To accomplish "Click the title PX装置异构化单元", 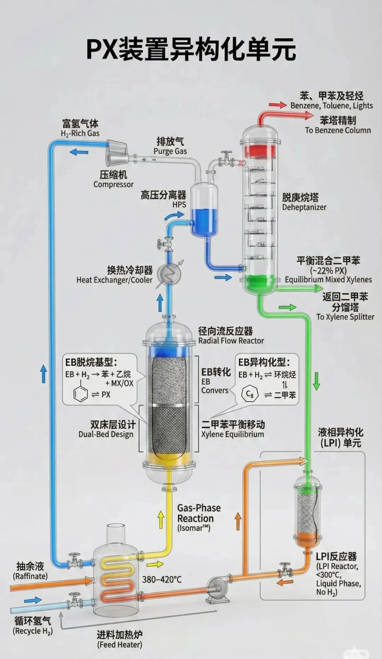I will coord(191,50).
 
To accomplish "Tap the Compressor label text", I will coord(113,184).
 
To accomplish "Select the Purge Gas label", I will coord(170,151).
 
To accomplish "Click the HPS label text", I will coord(179,205).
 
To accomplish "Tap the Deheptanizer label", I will coord(304,207).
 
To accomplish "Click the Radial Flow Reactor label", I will coord(231,340).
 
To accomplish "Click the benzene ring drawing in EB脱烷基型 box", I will coord(80,394).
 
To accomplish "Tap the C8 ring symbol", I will coord(250,394).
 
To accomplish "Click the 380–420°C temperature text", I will coord(162,579).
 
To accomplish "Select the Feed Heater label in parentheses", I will coord(120,644).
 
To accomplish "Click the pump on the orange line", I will coord(216,588).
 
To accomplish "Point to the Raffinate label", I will coord(30,576).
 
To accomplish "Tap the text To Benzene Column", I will coord(338,130).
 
